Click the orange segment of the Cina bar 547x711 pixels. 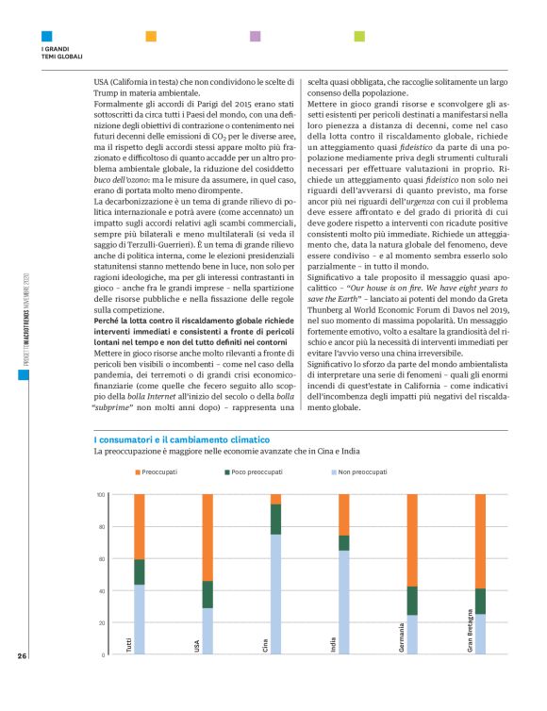coord(275,499)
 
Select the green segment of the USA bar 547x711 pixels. coord(207,594)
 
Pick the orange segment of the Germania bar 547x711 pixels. coord(412,539)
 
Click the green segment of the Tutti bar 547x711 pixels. coord(139,571)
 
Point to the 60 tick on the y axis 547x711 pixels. coord(100,558)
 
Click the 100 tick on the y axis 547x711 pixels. coord(99,494)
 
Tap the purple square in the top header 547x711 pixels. coord(255,36)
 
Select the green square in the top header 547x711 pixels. coord(358,36)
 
